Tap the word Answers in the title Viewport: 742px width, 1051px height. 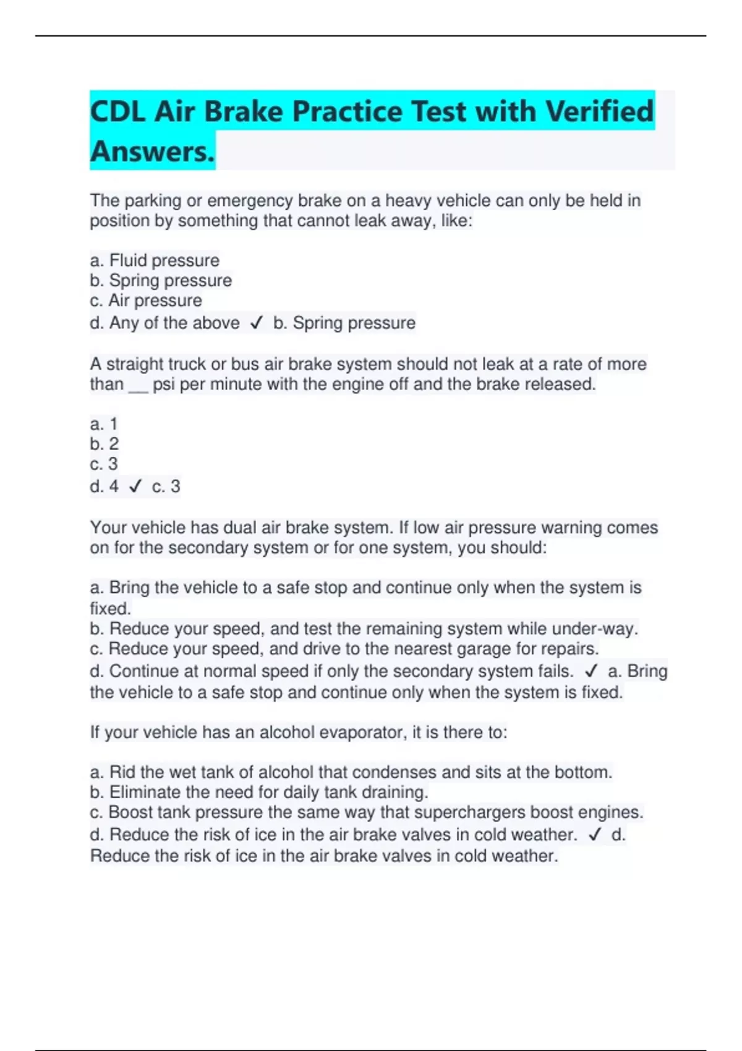[152, 151]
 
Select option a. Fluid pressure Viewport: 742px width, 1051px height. [155, 260]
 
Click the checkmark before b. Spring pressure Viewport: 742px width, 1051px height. [257, 323]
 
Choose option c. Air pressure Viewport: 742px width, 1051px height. [146, 300]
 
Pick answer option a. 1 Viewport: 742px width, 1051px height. [104, 424]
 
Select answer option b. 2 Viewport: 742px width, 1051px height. [104, 444]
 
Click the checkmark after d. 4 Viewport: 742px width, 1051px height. [135, 487]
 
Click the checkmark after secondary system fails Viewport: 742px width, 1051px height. [591, 671]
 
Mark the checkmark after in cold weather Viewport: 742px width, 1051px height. [595, 835]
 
